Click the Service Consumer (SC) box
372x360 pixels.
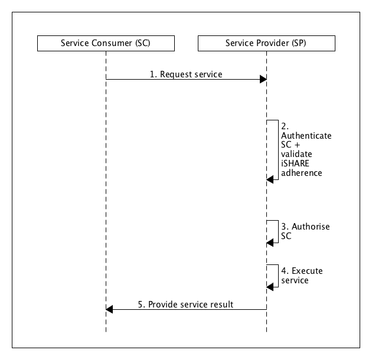click(106, 44)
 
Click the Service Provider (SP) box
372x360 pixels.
click(266, 44)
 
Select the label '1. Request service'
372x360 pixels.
click(185, 74)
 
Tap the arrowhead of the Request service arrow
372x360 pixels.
click(263, 80)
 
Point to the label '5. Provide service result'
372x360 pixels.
click(185, 305)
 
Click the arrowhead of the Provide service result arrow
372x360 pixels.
click(109, 309)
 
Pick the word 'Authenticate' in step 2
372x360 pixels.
click(306, 135)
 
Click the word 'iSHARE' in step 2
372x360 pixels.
click(295, 165)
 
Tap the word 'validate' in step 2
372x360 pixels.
click(297, 155)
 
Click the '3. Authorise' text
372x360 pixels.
click(305, 227)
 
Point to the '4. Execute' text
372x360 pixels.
click(302, 271)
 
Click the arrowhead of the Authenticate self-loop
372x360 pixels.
click(270, 179)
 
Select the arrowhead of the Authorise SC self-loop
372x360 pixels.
click(270, 241)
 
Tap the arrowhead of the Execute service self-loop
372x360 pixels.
click(270, 286)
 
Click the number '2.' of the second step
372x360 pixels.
click(285, 126)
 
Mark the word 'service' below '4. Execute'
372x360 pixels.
click(295, 281)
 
